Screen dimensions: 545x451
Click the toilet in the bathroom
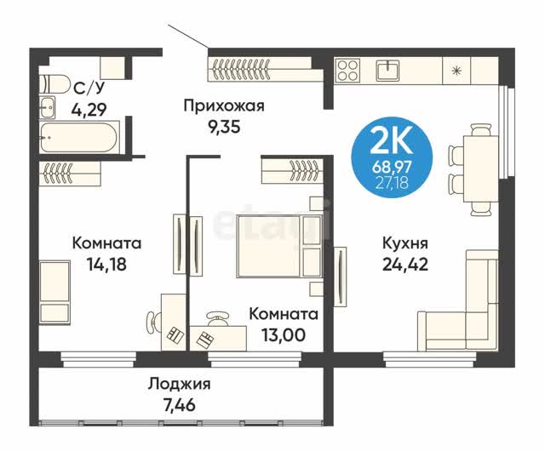click(x=54, y=83)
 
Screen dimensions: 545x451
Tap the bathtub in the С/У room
click(x=79, y=137)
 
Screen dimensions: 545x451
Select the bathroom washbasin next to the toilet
click(x=47, y=106)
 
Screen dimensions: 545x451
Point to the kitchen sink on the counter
click(x=387, y=71)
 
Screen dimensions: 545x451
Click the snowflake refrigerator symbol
click(x=456, y=71)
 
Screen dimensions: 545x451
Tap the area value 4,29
click(x=89, y=110)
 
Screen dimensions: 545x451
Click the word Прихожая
click(x=224, y=106)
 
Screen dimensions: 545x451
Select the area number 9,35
click(x=224, y=127)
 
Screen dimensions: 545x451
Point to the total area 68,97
click(x=392, y=168)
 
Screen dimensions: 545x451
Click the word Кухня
click(x=405, y=243)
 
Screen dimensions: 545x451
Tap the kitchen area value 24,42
click(x=405, y=265)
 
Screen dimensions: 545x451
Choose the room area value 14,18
click(x=106, y=265)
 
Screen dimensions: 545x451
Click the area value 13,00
click(x=284, y=335)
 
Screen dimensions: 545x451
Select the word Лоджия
click(x=180, y=385)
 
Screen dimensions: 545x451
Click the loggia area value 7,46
click(x=180, y=405)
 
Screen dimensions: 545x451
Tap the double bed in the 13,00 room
click(x=279, y=246)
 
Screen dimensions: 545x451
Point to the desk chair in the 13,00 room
click(x=218, y=318)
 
